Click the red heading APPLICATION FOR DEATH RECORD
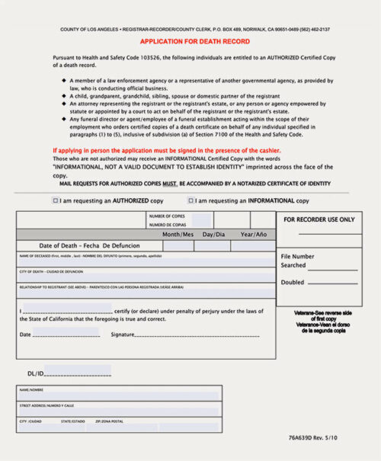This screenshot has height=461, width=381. (194, 43)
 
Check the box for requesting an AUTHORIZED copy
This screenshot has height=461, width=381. (56, 201)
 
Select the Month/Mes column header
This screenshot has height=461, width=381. (178, 235)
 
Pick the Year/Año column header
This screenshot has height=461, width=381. (254, 235)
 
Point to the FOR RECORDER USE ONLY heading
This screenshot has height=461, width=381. (319, 220)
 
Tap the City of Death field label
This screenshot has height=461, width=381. (52, 272)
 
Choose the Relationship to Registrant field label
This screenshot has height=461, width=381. (91, 287)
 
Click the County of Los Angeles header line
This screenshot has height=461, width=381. (195, 29)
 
